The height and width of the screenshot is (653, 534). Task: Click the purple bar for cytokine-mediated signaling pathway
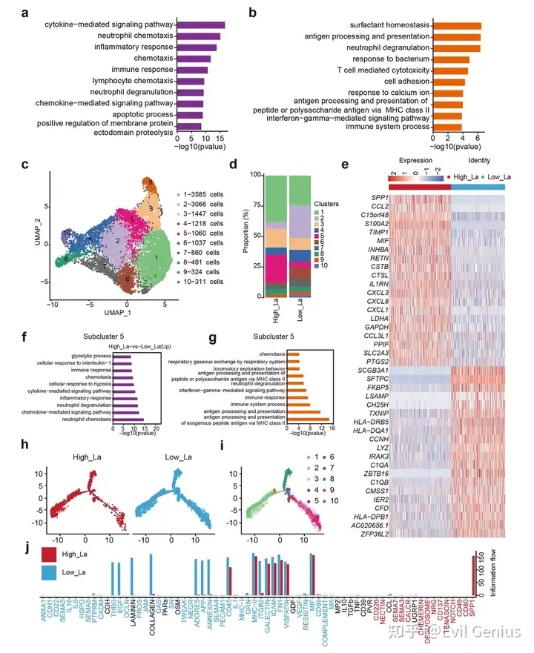point(200,25)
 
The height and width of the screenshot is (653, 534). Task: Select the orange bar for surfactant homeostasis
point(457,26)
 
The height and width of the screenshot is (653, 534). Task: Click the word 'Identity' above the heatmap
point(484,161)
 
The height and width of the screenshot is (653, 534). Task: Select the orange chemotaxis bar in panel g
point(294,354)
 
